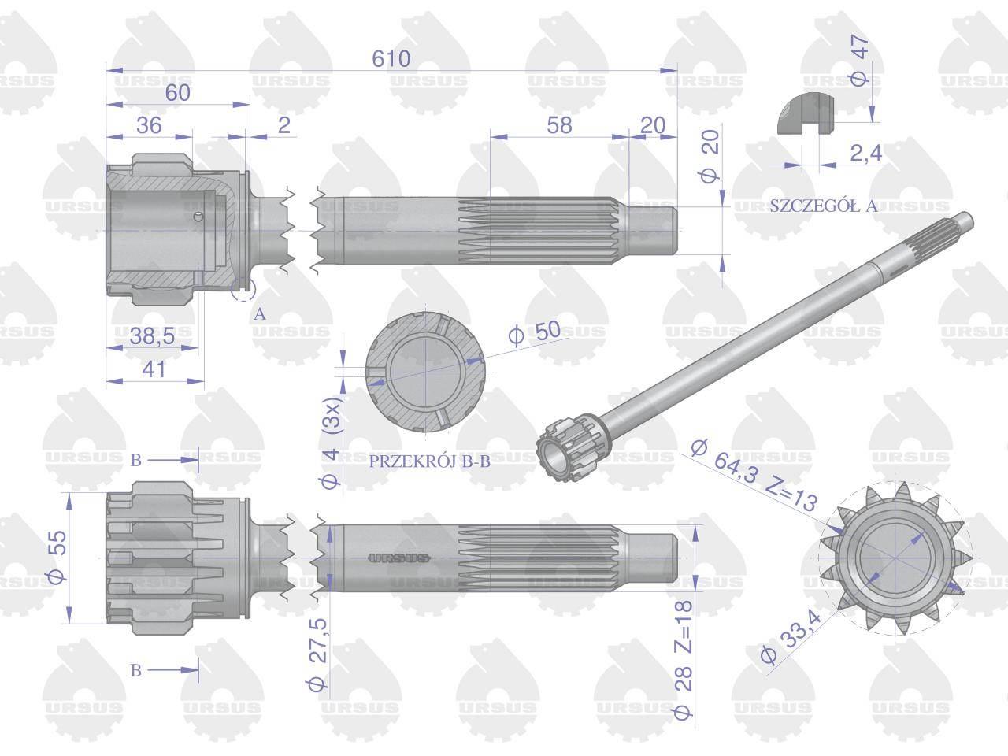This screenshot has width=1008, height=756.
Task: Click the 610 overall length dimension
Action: coord(391,59)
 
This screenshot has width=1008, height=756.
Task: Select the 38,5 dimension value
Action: coord(152,335)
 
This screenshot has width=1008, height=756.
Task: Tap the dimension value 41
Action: coord(154,369)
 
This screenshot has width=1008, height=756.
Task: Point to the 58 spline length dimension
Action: coord(559,125)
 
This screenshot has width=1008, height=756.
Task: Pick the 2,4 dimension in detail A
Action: coord(866,154)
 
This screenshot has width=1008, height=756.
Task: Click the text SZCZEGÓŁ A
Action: coord(824,206)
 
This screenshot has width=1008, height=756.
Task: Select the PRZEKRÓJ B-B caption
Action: coord(430,461)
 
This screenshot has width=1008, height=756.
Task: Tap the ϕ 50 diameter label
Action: coord(535,332)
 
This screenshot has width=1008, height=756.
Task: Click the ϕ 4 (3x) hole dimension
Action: coord(332,442)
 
